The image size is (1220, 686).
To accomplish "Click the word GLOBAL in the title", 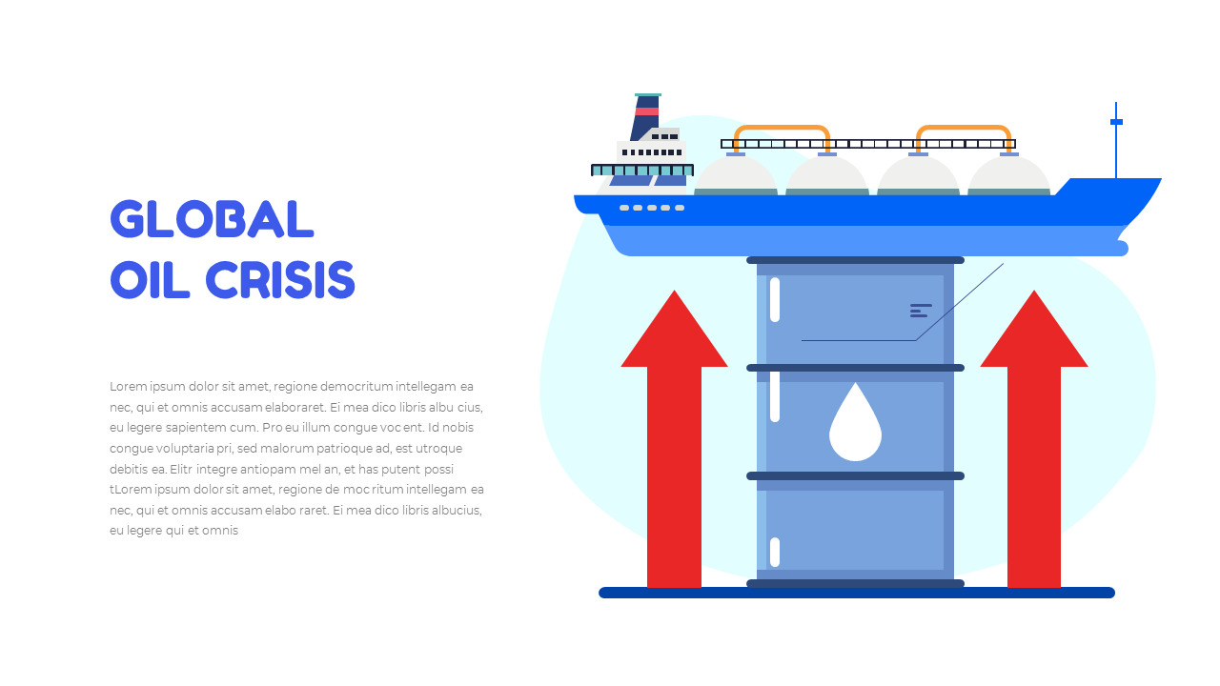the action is (x=212, y=219).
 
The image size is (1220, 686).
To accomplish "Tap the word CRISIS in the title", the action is (x=280, y=280).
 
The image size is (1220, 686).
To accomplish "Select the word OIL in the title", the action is (x=150, y=280).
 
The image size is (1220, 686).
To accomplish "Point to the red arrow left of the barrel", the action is (x=674, y=439).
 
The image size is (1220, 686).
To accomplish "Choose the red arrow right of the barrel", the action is (x=1034, y=439).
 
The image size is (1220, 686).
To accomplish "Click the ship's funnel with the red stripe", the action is (x=646, y=116).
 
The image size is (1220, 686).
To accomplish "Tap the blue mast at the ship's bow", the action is (x=1116, y=140).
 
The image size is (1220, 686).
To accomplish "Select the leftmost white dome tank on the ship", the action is (x=736, y=175).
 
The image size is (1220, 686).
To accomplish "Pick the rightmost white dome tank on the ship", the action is (x=1009, y=175).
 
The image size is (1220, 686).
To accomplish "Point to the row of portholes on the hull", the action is (x=652, y=208).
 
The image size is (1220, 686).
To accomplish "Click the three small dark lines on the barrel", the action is (x=921, y=311).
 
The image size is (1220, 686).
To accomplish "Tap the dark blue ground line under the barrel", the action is (x=857, y=593).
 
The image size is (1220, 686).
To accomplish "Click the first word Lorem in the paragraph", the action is (x=129, y=387).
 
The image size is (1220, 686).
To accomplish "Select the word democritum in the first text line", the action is (x=356, y=387).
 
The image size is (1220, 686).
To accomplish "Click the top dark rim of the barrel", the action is (x=855, y=260).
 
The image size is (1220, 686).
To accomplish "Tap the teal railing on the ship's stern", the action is (x=642, y=171).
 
